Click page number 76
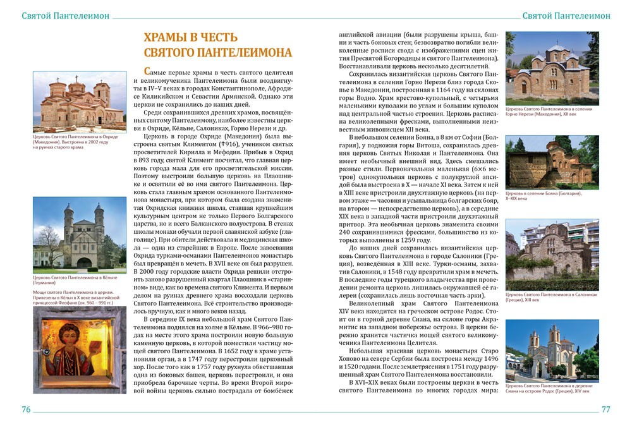point(26,410)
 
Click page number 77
point(605,410)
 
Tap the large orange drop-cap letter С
point(147,71)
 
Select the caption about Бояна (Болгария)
point(544,195)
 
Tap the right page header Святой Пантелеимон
point(566,16)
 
